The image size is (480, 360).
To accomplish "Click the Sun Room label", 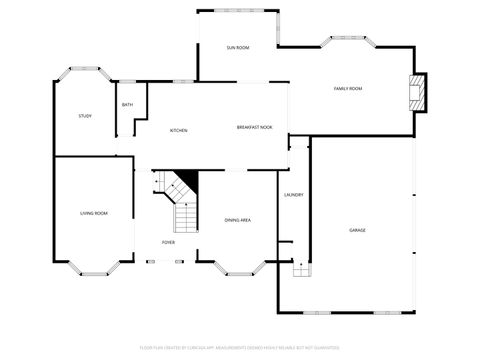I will tap(237, 48).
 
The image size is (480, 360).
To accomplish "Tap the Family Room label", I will tap(347, 89).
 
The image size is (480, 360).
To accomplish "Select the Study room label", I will tap(85, 116).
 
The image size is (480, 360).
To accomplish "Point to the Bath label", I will tap(127, 105).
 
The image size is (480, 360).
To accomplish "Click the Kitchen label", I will tap(178, 130).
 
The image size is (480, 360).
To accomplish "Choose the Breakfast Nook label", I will tap(255, 127).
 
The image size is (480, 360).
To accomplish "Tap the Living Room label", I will tap(94, 213).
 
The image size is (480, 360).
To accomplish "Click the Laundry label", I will tap(293, 195).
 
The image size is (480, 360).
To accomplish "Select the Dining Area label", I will tap(237, 220).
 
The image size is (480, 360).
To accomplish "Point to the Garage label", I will tap(357, 230).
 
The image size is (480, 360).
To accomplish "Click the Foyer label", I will tap(170, 242).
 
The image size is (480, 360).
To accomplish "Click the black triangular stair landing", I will tap(185, 184).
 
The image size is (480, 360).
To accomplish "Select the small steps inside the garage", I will tap(296, 268).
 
